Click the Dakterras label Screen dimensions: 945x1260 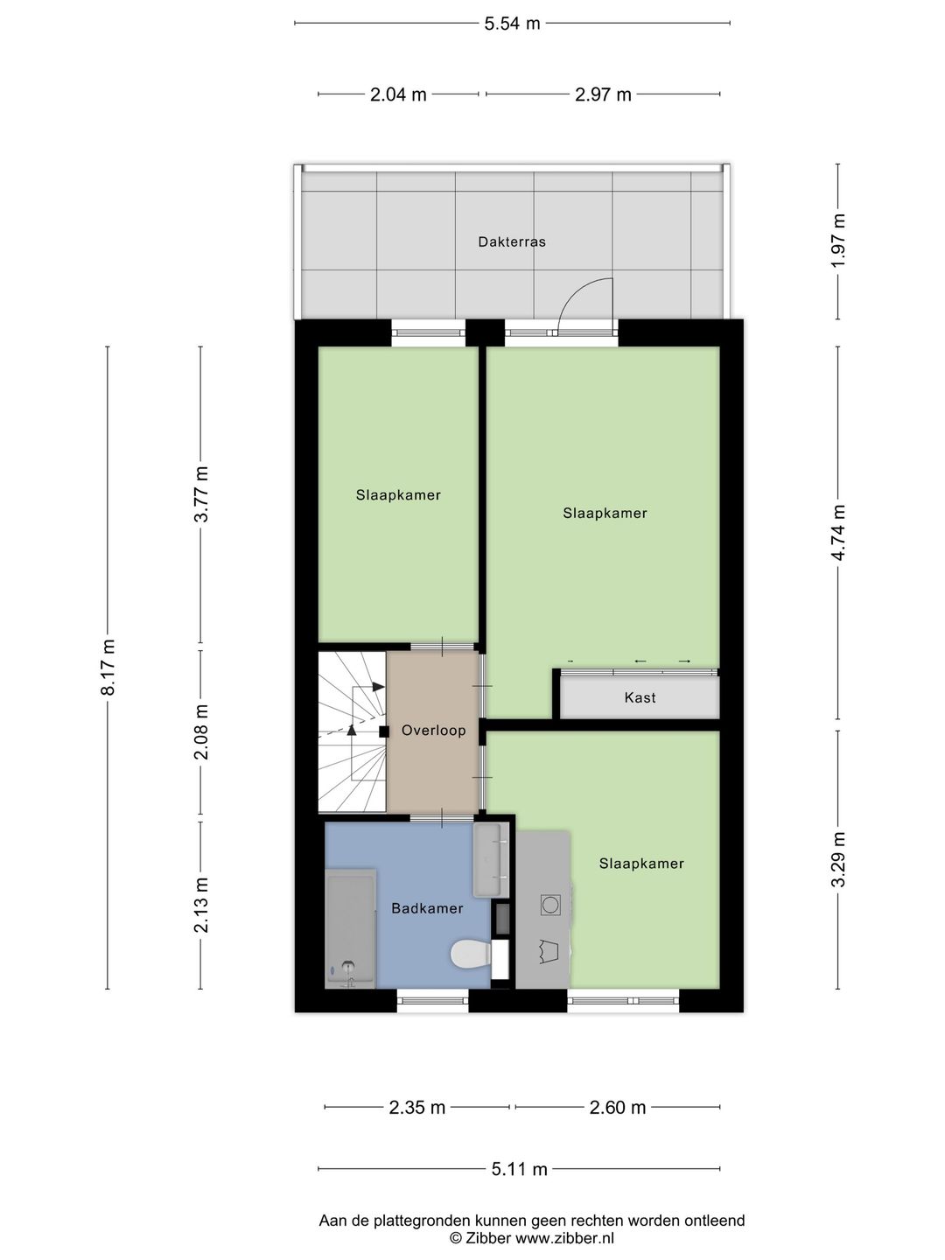tap(512, 241)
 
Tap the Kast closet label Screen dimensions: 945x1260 tap(640, 697)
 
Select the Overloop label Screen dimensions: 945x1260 tap(433, 730)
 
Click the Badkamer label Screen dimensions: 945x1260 tap(427, 908)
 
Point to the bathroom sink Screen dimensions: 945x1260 tap(491, 860)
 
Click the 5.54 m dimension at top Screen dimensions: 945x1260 tap(513, 24)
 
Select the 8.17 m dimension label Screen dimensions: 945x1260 tap(108, 667)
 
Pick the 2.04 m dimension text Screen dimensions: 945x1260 tap(398, 94)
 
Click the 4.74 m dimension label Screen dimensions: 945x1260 tap(838, 533)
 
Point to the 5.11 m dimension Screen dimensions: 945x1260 tap(519, 1169)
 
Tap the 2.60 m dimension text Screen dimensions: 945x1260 tap(618, 1107)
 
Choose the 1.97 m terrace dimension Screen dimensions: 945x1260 tap(838, 240)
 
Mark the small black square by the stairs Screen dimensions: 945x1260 tap(384, 731)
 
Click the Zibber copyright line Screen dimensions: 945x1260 tap(531, 1238)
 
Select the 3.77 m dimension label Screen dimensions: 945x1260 tap(200, 494)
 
